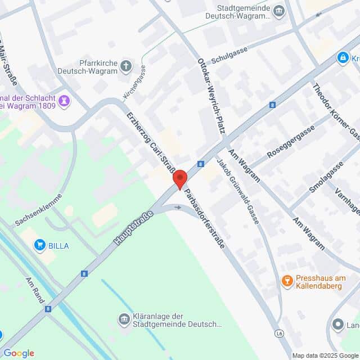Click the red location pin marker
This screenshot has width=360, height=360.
[x=179, y=179]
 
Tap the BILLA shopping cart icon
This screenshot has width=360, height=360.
[x=39, y=245]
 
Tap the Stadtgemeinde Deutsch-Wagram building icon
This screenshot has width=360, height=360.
[x=278, y=11]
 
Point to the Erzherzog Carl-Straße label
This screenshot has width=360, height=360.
[x=154, y=143]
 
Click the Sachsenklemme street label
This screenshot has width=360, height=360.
[x=39, y=210]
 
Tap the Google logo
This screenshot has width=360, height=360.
[x=19, y=353]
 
